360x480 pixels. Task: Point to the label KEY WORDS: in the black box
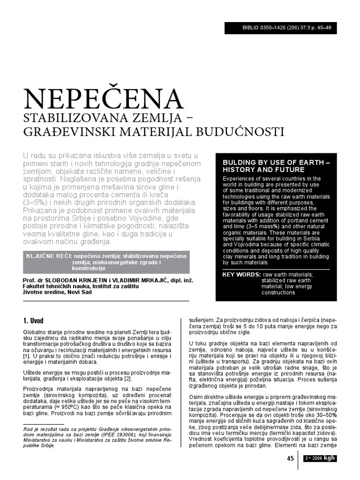click(241, 274)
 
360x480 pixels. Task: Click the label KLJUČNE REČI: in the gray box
click(47, 256)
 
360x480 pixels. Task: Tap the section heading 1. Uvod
click(33, 321)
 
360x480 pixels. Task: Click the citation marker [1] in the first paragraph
click(27, 357)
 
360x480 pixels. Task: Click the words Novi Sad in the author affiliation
click(81, 292)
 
